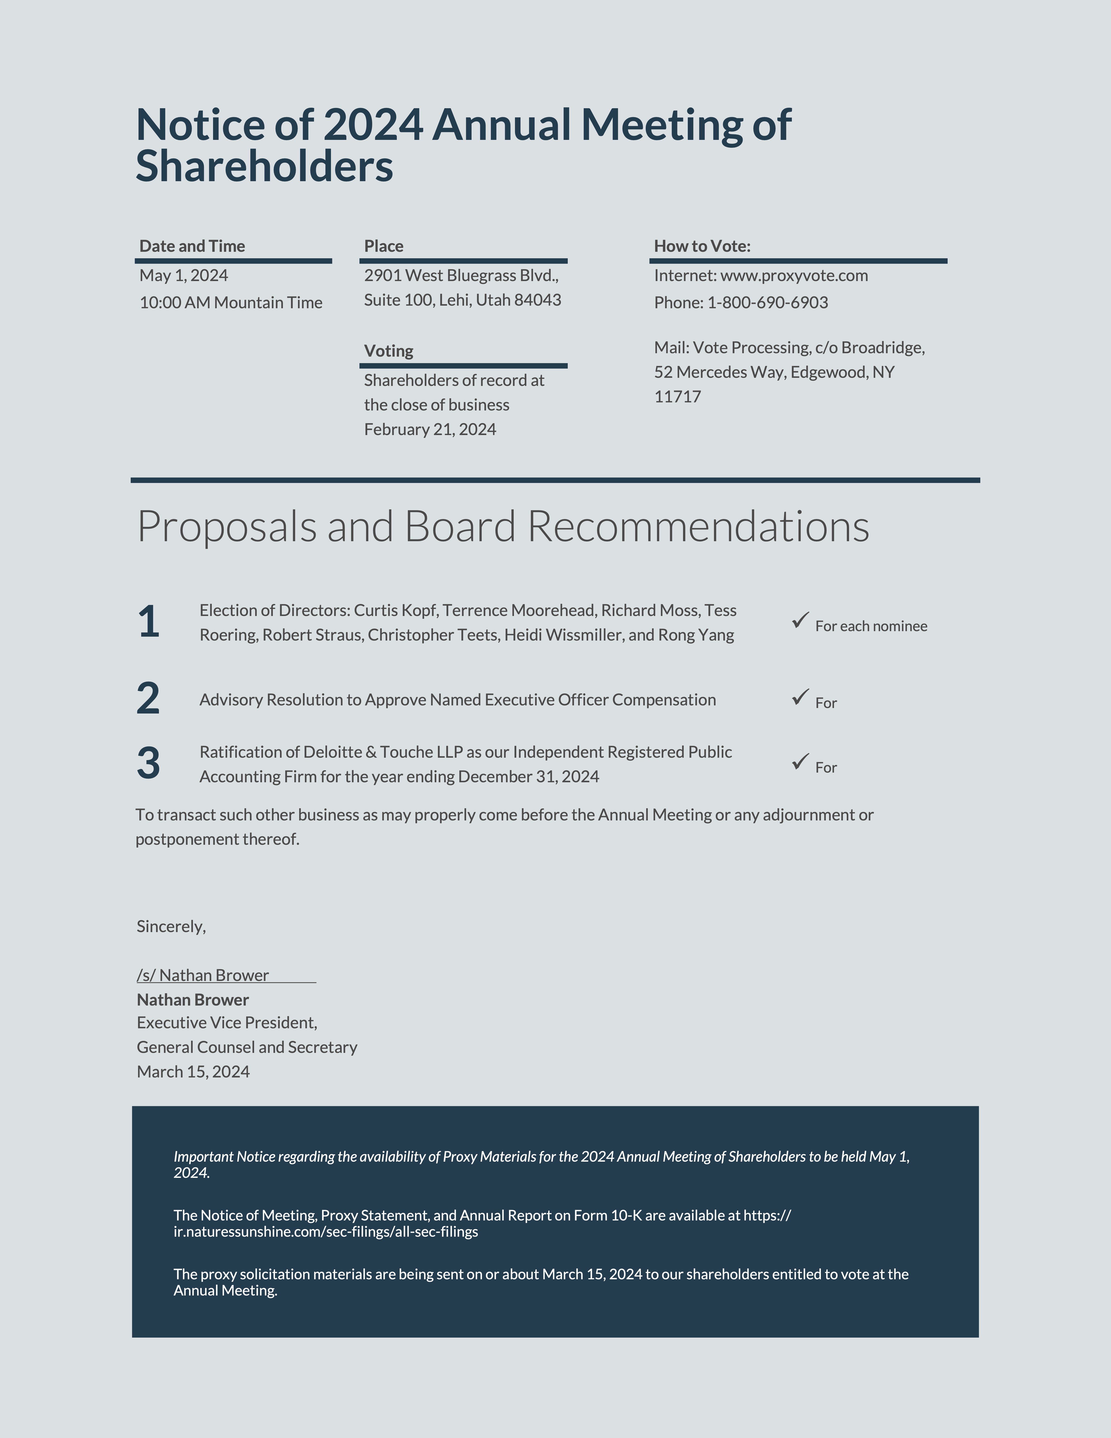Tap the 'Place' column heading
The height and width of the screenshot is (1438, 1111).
[x=384, y=246]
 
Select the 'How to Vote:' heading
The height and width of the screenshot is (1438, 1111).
[x=702, y=246]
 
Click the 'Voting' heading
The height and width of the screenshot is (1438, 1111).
[x=388, y=351]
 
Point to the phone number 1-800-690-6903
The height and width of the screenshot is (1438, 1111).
[x=768, y=303]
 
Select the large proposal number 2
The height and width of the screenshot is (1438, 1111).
[x=148, y=699]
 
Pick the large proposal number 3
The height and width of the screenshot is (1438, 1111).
[x=148, y=763]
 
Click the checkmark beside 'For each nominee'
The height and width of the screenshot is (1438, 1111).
[x=800, y=620]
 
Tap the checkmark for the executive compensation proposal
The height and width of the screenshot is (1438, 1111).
[x=800, y=697]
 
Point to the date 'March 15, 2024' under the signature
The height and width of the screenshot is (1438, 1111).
[x=193, y=1072]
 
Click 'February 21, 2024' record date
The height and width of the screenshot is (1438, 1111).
[x=430, y=430]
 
